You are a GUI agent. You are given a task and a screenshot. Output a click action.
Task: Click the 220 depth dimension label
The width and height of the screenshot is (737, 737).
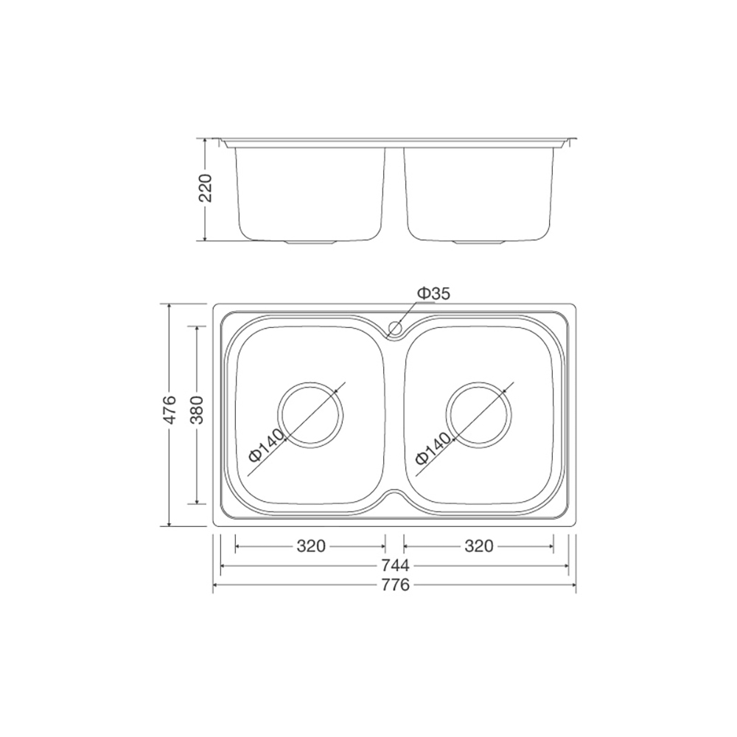(x=206, y=188)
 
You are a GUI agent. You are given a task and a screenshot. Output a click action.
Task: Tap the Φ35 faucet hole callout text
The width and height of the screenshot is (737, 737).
(x=433, y=294)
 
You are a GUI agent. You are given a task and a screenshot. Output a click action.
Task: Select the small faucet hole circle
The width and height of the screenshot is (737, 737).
(x=395, y=327)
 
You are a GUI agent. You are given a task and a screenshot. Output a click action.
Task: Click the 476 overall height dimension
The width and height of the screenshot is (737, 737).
(x=169, y=409)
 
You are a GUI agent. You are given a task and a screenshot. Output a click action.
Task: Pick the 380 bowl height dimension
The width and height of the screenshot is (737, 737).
(x=197, y=409)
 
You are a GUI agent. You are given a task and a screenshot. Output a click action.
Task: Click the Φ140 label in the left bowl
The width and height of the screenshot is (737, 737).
(x=267, y=444)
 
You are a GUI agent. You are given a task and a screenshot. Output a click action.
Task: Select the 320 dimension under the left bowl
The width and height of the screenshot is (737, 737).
(x=311, y=546)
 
